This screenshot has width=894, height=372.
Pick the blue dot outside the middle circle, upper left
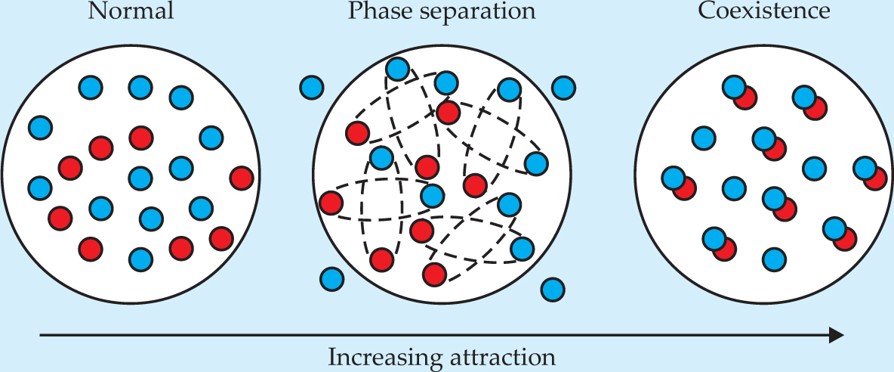point(312,88)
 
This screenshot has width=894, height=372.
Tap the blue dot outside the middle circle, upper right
point(563,88)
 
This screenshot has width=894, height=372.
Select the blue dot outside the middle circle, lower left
point(331,279)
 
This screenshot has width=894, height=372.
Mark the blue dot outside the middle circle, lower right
point(553,288)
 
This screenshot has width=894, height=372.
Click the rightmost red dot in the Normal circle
point(242,178)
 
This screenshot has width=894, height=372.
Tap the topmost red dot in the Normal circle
point(140,137)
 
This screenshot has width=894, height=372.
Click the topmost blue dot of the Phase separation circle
point(398,70)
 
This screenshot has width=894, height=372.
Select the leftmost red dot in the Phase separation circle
point(331,203)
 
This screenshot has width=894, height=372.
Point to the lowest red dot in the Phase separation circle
point(434,274)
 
